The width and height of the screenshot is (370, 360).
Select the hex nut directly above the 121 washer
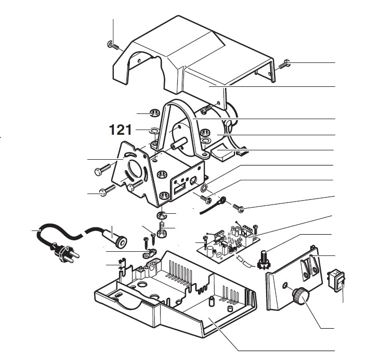tap(154, 113)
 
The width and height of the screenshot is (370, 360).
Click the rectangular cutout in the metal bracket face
tap(180, 187)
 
